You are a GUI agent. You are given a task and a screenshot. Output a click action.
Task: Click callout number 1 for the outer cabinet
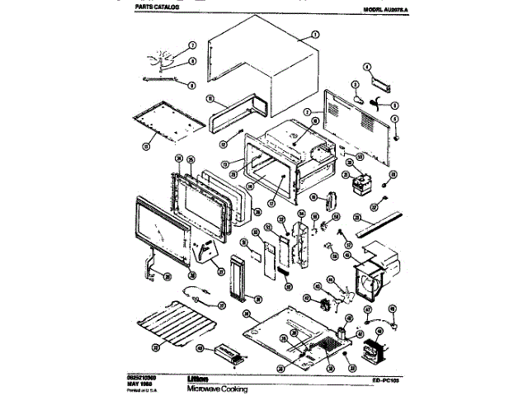point(314,35)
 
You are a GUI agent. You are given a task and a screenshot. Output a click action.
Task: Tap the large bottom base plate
point(297,330)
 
